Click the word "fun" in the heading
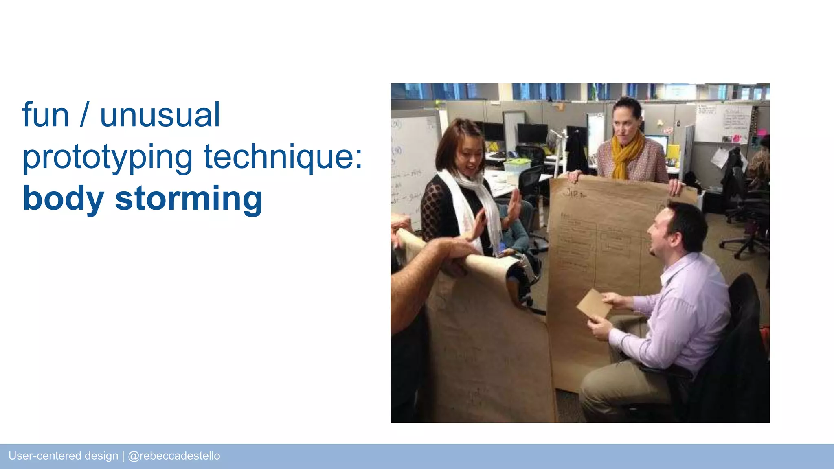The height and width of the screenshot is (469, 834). coord(46,115)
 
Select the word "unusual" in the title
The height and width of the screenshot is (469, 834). coord(160,115)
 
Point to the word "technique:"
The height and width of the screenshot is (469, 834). coord(283,157)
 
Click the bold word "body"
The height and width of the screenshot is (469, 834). coord(64,199)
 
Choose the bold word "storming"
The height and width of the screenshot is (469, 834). coord(189,199)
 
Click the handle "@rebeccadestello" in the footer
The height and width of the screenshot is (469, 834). coord(174,456)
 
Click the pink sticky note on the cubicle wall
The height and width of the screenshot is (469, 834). coord(736,138)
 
